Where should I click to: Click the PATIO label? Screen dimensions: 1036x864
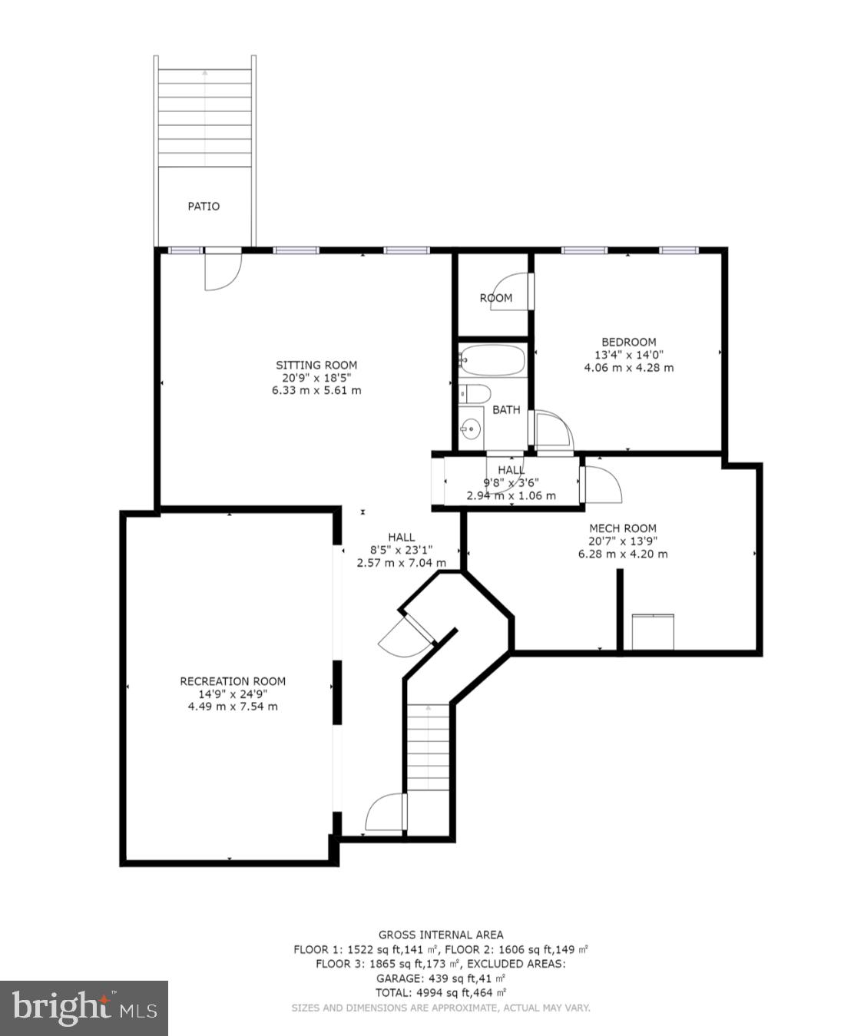pos(204,206)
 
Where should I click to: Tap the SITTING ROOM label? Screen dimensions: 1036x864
pos(316,365)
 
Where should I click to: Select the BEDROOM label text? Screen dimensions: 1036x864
pos(628,342)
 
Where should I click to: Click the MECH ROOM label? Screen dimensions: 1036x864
pos(622,528)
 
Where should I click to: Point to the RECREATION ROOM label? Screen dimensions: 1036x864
pos(233,680)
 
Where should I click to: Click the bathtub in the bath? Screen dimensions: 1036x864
pos(492,359)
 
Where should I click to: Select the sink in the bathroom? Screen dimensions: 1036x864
pos(471,429)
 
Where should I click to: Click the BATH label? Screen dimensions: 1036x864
pos(506,409)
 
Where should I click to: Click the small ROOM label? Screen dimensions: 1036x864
pos(495,298)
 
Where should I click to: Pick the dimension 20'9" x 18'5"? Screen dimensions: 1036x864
pos(316,378)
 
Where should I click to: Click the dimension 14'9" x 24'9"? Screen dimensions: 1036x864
pos(233,693)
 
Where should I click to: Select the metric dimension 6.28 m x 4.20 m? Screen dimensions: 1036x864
pos(622,554)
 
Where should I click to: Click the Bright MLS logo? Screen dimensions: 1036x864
pos(84,1008)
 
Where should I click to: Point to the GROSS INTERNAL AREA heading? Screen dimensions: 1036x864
pos(441,935)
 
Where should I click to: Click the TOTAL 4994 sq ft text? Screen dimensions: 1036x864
pos(441,993)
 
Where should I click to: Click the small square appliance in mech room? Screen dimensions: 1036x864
pos(652,631)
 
